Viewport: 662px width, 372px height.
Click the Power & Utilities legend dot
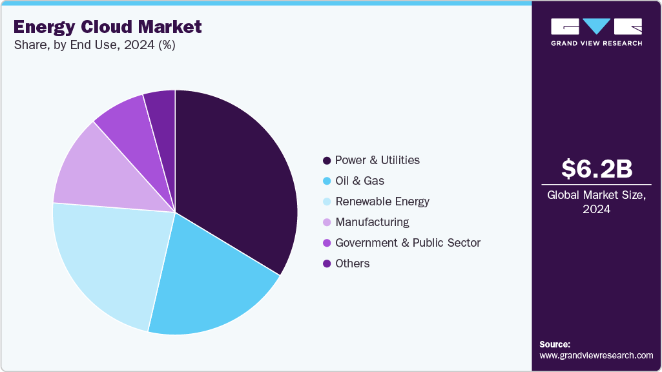click(327, 160)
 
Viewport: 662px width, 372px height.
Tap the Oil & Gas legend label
click(360, 181)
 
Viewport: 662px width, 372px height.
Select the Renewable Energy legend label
click(382, 201)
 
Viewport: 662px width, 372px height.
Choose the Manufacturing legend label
click(372, 222)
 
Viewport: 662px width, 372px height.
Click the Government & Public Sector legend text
click(408, 243)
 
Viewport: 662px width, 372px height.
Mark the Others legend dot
click(327, 263)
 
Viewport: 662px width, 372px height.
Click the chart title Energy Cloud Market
click(107, 26)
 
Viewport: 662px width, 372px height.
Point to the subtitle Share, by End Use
click(94, 45)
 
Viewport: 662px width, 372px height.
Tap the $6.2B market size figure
click(596, 169)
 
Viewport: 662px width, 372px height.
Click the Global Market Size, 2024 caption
click(596, 201)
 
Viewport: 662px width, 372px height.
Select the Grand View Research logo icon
click(596, 26)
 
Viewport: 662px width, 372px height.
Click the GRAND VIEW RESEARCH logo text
click(596, 43)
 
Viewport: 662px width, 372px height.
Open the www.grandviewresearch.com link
click(596, 355)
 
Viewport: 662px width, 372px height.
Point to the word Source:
click(555, 344)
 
